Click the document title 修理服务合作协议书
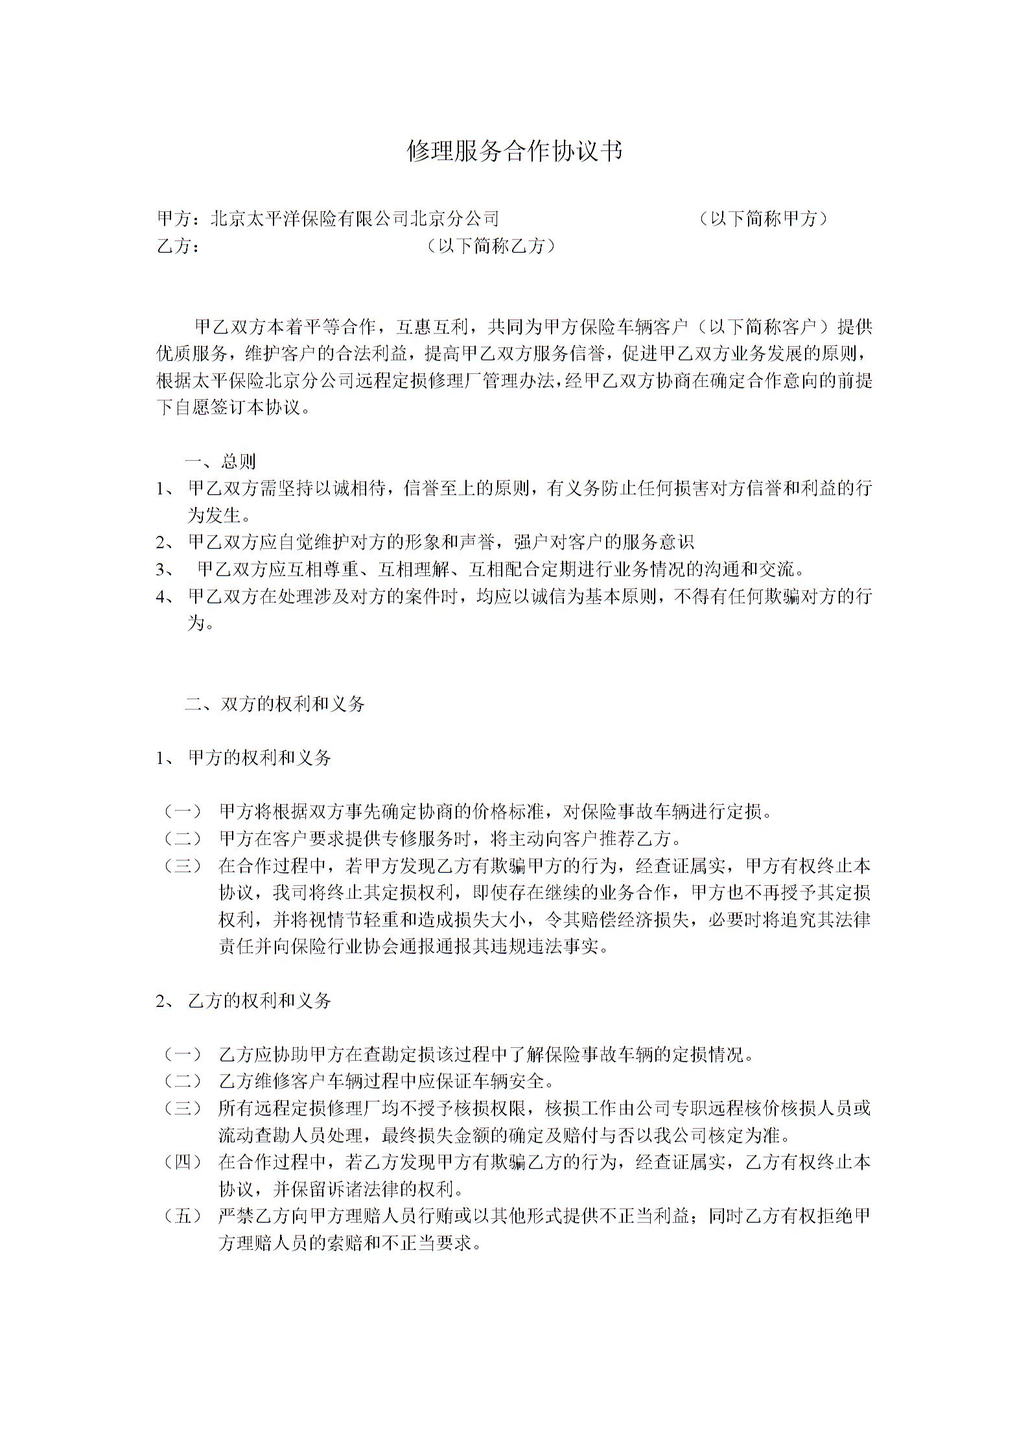point(514,151)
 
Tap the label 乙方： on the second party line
point(178,246)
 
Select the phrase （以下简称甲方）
point(764,219)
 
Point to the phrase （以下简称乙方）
point(491,246)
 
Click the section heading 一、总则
point(221,461)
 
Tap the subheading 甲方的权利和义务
point(259,757)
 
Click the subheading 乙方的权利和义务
point(259,1001)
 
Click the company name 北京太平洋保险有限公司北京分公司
point(355,219)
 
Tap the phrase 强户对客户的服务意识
point(603,542)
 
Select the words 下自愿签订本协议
point(229,408)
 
